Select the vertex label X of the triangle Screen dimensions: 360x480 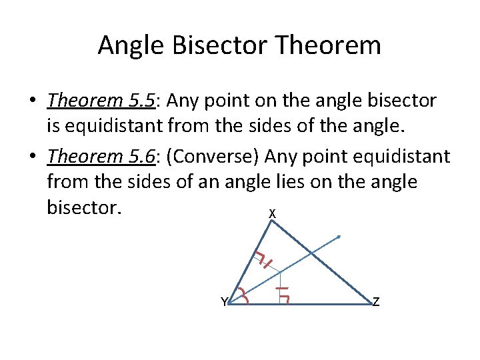coord(272,214)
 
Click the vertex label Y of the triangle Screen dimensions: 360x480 coord(224,302)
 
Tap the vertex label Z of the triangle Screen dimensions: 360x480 coord(376,302)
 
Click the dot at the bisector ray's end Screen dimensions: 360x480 coord(339,237)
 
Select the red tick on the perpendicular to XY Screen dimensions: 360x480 coord(267,263)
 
